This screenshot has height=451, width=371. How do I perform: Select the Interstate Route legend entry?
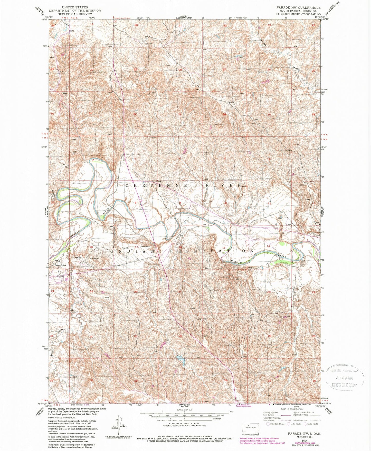pos(276,424)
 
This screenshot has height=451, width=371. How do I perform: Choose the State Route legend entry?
pos(311,424)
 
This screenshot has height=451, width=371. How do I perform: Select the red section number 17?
pos(137,247)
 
